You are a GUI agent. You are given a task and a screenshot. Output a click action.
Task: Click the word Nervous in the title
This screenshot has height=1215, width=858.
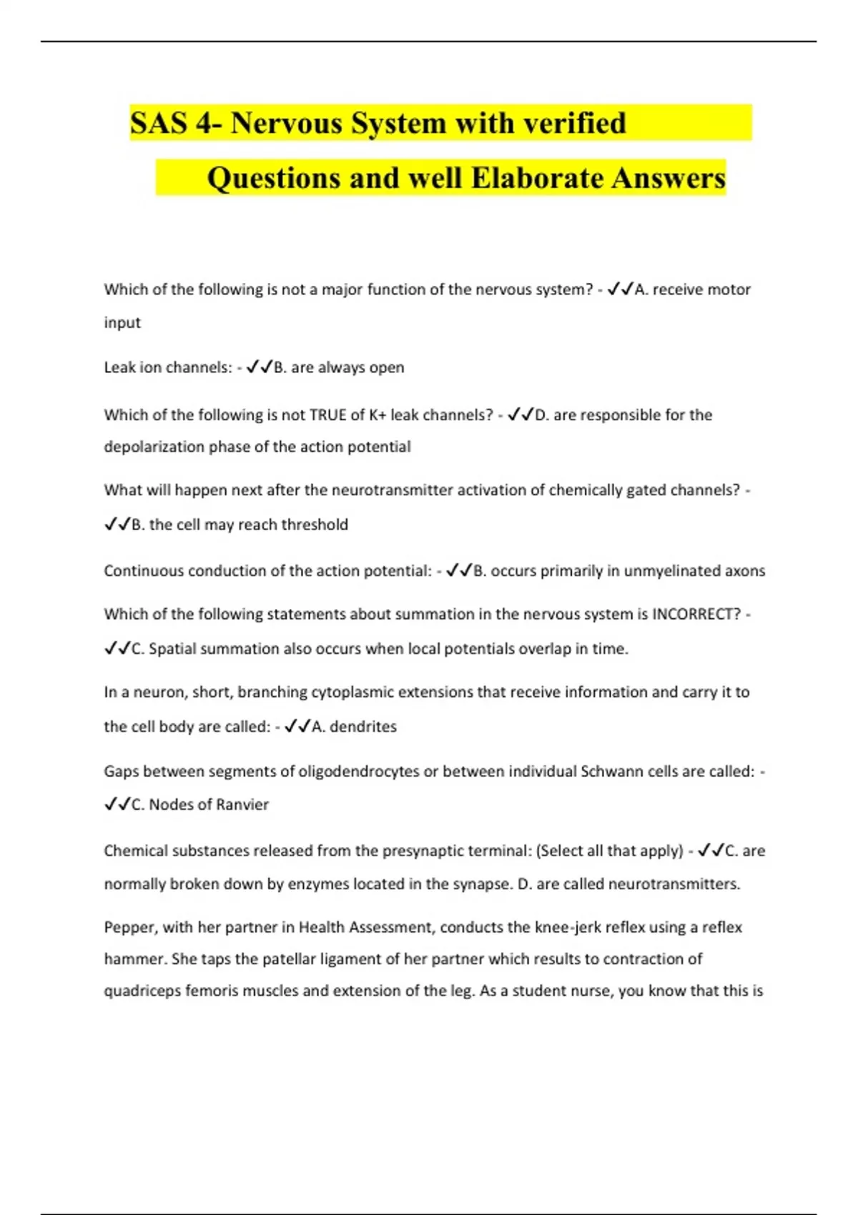tap(286, 123)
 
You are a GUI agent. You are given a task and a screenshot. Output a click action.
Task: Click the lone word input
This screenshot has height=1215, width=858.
tap(122, 323)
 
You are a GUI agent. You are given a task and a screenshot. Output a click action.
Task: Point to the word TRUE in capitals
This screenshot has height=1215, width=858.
tap(327, 415)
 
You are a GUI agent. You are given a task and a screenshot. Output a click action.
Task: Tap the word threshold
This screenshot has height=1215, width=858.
tap(315, 525)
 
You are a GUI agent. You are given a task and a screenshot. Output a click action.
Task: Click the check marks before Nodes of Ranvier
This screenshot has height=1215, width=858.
tap(117, 804)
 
